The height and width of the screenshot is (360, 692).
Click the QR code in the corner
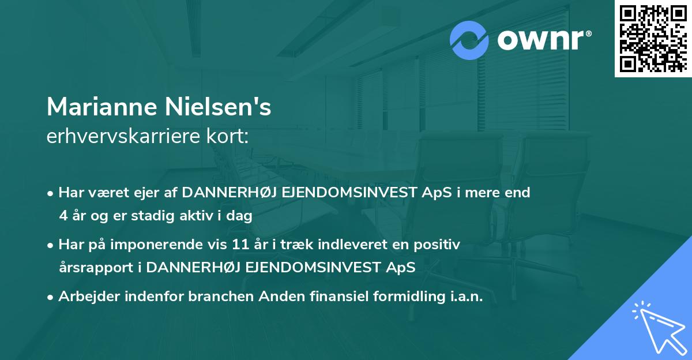[x=653, y=39]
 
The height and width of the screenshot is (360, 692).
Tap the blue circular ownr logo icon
[x=470, y=40]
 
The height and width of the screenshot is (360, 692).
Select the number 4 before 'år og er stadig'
[x=62, y=216]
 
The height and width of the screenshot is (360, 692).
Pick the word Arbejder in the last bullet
[x=87, y=297]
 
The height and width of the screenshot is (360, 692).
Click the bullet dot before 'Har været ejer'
[x=51, y=193]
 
